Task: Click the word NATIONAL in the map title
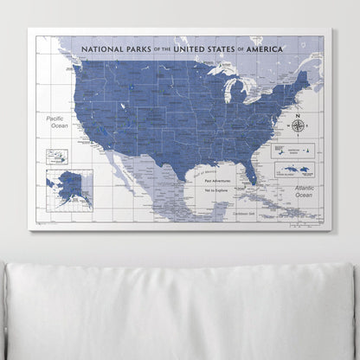[x=103, y=49]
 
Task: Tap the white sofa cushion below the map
[x=180, y=312]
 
